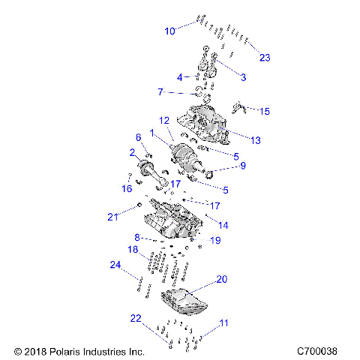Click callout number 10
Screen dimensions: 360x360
169,31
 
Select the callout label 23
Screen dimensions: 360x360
264,58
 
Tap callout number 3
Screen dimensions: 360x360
242,77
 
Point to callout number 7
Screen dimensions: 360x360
160,92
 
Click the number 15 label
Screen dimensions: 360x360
263,111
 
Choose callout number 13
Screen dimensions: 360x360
255,140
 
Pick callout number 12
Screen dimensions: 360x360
163,120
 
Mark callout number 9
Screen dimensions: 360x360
241,166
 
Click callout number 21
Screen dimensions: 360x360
112,217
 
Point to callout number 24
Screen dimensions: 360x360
115,265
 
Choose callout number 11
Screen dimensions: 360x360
223,323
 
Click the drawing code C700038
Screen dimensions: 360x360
316,350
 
